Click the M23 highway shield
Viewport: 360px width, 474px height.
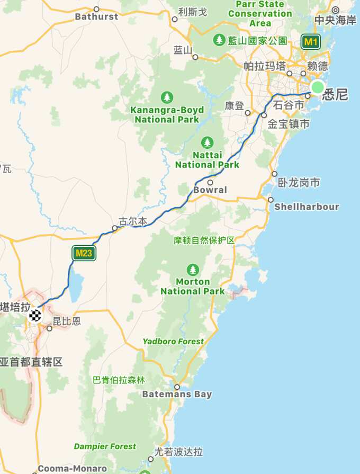tap(84, 253)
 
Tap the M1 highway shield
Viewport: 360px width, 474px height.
tap(310, 41)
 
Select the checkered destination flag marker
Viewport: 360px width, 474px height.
tap(35, 316)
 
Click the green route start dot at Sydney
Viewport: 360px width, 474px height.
tap(317, 87)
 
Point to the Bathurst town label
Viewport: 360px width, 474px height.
tap(96, 16)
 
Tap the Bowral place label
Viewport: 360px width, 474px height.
tap(210, 190)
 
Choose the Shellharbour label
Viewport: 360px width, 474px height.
tap(307, 207)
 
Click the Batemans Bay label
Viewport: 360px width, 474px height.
tap(177, 394)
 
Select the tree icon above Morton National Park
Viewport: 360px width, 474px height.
tap(193, 270)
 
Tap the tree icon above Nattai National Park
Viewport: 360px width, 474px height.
tap(208, 142)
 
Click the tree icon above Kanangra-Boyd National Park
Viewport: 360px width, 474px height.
tap(167, 97)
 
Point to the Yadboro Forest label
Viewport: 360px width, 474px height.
tap(173, 342)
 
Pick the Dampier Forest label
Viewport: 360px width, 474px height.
tap(105, 446)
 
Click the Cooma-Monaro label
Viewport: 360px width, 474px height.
tap(73, 469)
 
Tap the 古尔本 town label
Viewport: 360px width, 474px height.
tap(132, 221)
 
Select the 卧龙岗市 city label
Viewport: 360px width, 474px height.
tap(299, 183)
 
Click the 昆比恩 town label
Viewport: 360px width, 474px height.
tap(67, 321)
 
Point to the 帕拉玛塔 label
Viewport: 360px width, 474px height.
tap(265, 66)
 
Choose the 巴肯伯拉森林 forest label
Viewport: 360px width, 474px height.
tap(119, 380)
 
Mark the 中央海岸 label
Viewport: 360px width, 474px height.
tap(336, 20)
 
